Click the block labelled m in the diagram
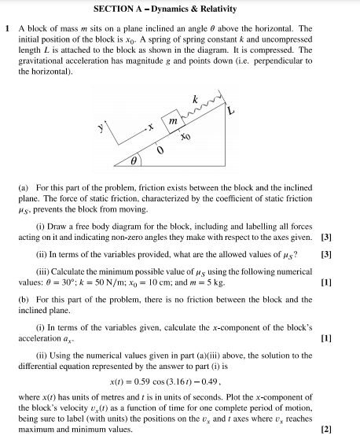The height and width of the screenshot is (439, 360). [171, 126]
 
